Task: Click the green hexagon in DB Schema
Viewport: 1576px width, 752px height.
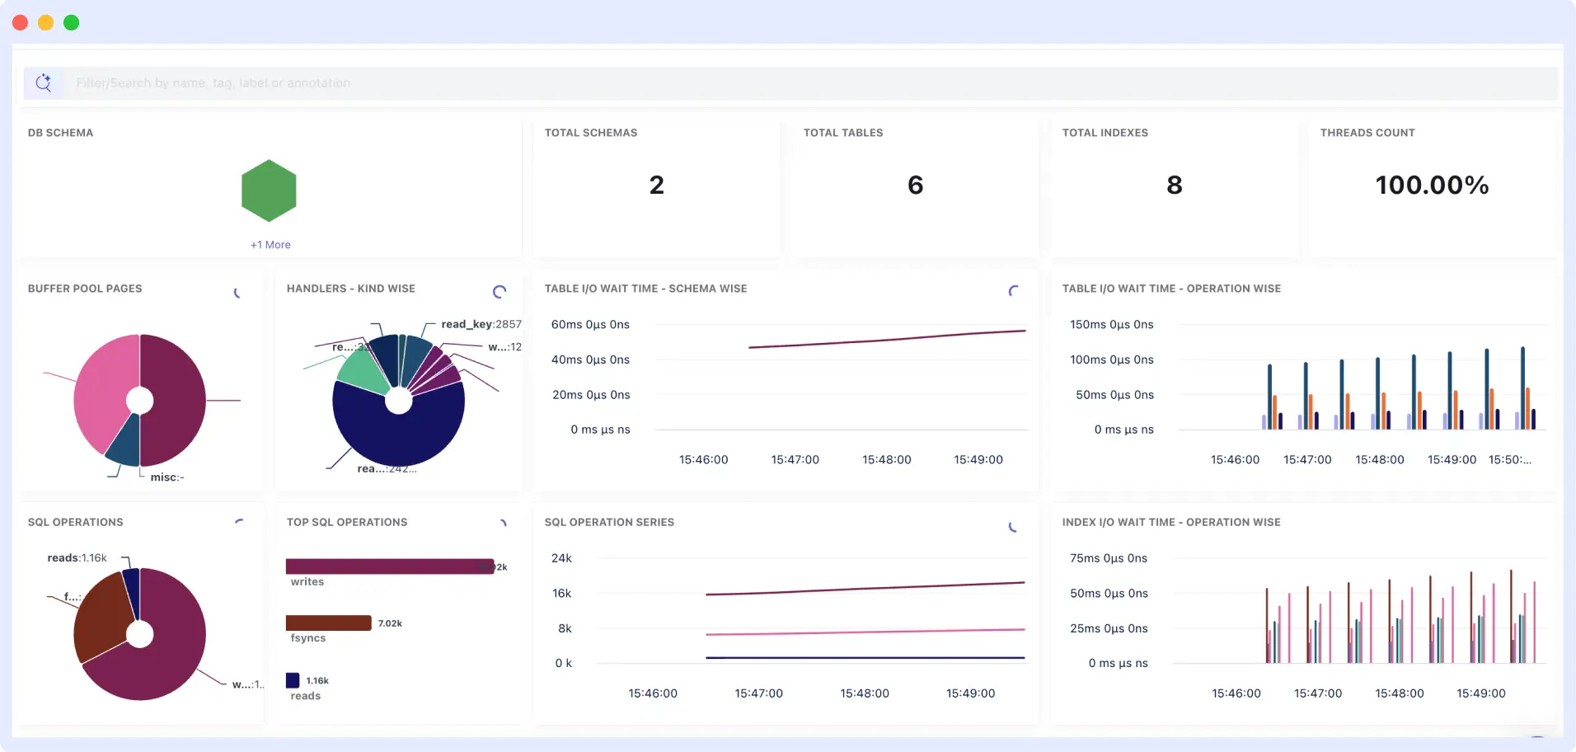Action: (x=269, y=190)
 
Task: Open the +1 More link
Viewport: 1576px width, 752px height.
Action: (x=270, y=245)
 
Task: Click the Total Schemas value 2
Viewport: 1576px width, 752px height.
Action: (x=656, y=186)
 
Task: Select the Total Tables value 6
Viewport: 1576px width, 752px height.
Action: (x=915, y=186)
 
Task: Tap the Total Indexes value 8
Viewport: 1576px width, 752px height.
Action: (x=1175, y=186)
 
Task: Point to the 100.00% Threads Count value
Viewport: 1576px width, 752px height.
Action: (x=1432, y=186)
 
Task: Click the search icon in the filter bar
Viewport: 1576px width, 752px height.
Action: (x=44, y=82)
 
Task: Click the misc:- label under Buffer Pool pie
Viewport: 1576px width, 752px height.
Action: (x=167, y=477)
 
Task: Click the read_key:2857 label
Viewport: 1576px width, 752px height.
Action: (x=481, y=324)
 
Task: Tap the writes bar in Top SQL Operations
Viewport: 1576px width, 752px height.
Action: (x=387, y=566)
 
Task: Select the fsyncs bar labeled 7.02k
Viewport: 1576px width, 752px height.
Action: (x=328, y=623)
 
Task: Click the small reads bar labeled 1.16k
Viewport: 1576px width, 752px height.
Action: (x=293, y=680)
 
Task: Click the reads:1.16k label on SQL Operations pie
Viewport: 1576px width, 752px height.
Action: (x=77, y=558)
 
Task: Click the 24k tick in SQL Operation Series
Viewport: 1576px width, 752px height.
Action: (x=561, y=558)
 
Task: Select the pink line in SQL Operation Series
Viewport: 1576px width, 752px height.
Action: (x=865, y=632)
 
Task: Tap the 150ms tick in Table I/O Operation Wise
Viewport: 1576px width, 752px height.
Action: (x=1111, y=325)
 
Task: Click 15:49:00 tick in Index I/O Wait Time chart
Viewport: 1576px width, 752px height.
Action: (x=1480, y=693)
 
